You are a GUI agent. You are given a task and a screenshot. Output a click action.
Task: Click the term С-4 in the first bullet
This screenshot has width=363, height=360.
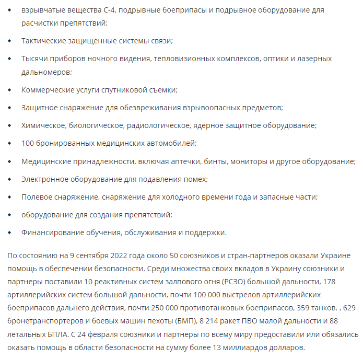click(x=114, y=10)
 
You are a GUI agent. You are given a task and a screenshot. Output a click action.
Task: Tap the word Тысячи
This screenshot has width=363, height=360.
click(x=34, y=59)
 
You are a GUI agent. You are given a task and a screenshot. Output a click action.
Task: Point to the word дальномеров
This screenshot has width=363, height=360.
click(x=45, y=72)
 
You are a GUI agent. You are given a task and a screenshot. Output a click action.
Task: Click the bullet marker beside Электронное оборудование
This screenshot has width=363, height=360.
click(x=9, y=179)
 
